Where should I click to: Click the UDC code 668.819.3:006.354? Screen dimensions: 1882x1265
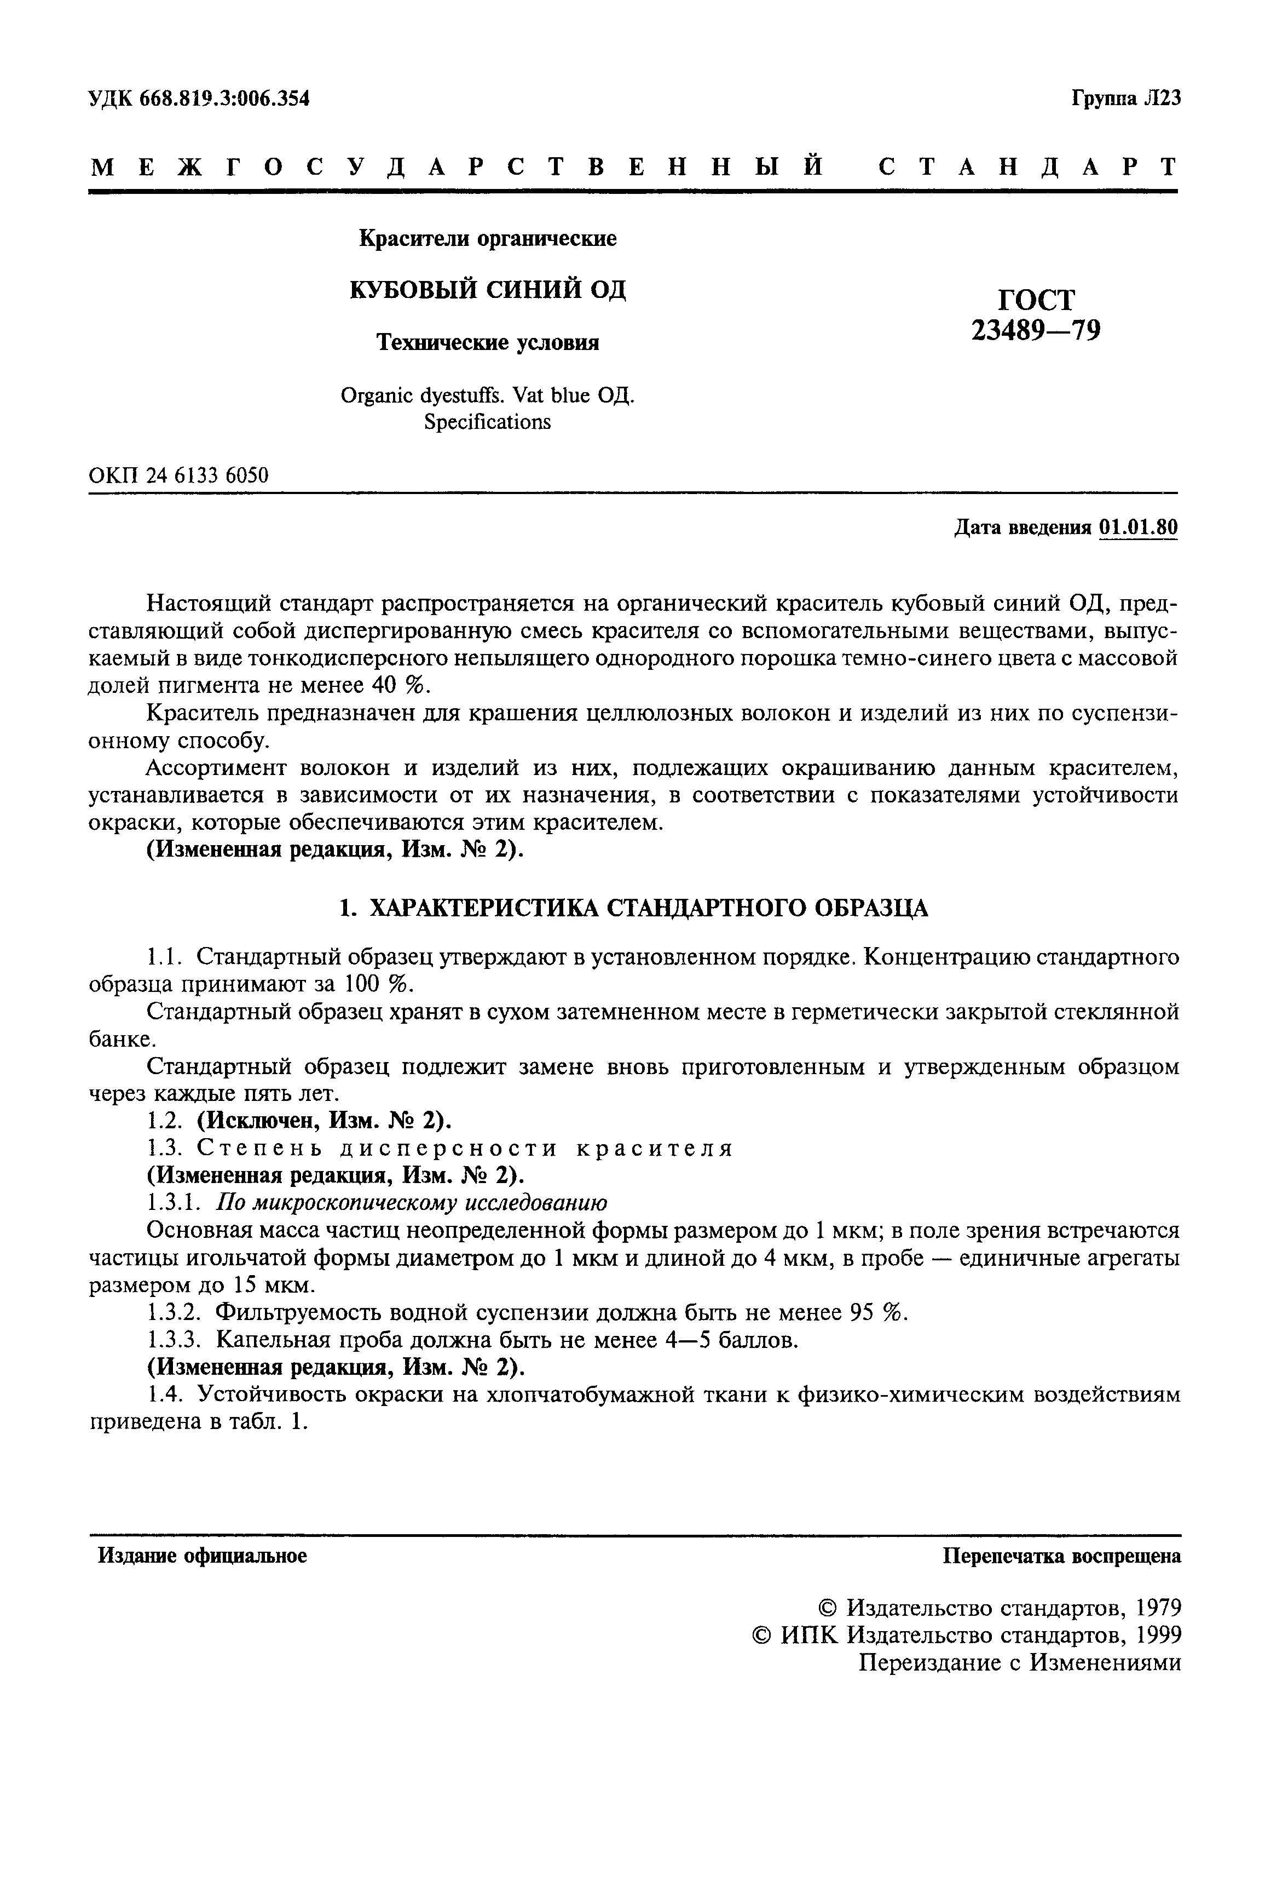(x=224, y=99)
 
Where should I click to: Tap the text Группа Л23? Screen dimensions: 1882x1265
(x=1125, y=99)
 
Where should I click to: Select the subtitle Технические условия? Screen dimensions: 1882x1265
(x=489, y=343)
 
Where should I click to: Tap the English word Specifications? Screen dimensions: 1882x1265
(x=487, y=422)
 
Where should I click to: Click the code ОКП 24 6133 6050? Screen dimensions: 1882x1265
(x=178, y=475)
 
